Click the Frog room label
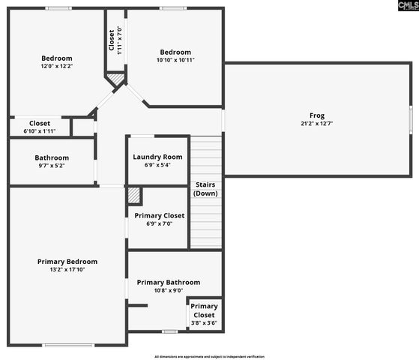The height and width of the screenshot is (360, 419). (x=317, y=115)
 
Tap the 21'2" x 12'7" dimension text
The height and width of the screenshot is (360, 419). (x=317, y=124)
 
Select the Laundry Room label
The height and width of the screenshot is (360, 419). (x=157, y=157)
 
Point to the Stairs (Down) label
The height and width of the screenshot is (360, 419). (x=206, y=188)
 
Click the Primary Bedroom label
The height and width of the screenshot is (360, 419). (x=67, y=262)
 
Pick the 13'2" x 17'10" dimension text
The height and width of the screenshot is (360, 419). (x=67, y=270)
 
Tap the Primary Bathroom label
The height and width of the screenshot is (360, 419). (x=168, y=282)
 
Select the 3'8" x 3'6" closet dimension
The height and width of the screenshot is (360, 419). (x=204, y=323)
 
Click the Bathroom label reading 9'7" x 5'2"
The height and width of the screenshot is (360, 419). (x=52, y=157)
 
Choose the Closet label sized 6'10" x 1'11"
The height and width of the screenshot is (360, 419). (x=40, y=124)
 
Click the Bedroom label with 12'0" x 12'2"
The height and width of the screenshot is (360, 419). (x=57, y=58)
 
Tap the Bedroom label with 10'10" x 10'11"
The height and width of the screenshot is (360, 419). (x=175, y=52)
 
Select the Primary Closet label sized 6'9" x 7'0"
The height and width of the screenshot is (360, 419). (x=159, y=215)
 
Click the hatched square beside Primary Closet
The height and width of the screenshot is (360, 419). (x=133, y=195)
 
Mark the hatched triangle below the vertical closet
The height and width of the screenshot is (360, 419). (x=115, y=79)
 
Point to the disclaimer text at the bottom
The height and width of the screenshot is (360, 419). (x=209, y=356)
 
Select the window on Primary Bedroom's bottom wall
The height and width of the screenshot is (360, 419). (x=67, y=345)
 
